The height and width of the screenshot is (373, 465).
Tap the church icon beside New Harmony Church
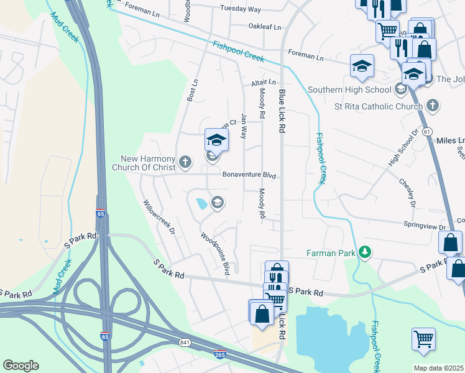click(185, 163)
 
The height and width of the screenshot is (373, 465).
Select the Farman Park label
click(330, 253)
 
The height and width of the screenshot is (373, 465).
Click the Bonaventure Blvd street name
click(249, 175)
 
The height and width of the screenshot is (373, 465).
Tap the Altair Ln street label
click(264, 82)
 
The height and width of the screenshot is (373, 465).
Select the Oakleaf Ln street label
click(265, 27)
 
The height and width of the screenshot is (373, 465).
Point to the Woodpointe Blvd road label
click(215, 254)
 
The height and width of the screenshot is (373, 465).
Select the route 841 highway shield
click(185, 343)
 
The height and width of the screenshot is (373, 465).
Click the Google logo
click(21, 366)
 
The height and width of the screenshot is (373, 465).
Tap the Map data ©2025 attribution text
click(438, 368)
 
